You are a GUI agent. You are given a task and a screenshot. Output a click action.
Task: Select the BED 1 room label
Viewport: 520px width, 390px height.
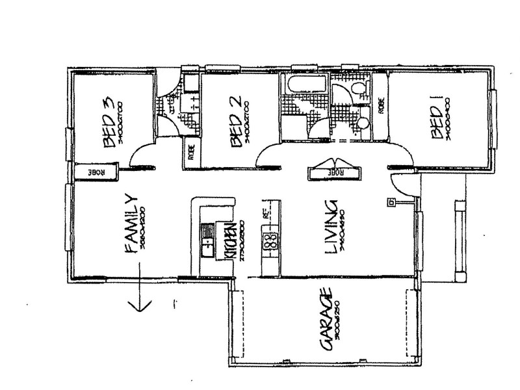[436, 117]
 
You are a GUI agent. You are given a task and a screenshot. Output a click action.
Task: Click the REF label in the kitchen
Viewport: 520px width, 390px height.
[266, 214]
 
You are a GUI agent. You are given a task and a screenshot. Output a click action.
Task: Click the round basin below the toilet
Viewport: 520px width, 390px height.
[363, 120]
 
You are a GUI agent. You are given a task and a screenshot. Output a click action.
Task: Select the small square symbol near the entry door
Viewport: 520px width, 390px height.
[391, 203]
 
